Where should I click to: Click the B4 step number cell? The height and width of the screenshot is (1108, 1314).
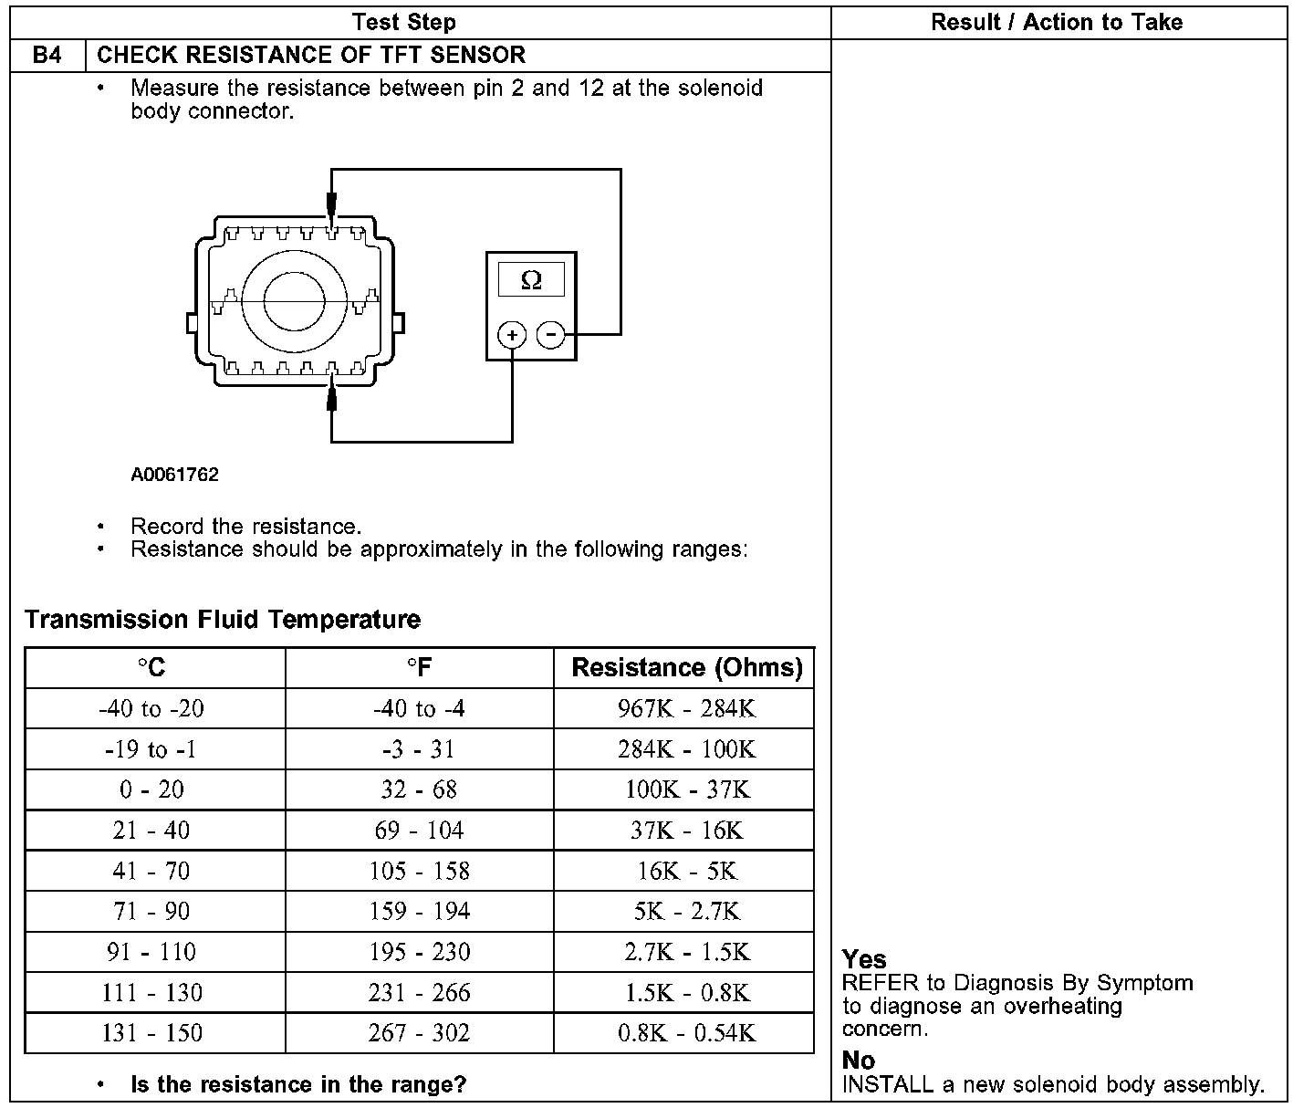tap(47, 56)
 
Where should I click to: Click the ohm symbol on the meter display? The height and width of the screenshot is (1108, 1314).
tap(530, 280)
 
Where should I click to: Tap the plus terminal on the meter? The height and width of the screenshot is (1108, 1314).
tap(512, 335)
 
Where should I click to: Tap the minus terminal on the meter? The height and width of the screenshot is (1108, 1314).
tap(550, 335)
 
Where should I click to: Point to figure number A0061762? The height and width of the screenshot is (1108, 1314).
tap(174, 475)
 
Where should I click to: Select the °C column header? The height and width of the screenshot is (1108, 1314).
tap(153, 668)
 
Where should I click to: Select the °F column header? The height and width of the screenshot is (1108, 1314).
tap(419, 668)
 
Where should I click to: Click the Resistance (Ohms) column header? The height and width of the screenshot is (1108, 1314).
tap(686, 668)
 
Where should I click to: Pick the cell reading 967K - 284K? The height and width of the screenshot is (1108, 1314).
tap(686, 708)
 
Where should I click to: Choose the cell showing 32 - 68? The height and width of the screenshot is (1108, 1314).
tap(419, 789)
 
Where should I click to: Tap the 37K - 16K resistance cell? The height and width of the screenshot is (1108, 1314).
tap(686, 831)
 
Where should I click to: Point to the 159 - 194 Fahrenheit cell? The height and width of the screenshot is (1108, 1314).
tap(419, 911)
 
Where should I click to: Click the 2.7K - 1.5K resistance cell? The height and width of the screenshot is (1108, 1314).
tap(686, 952)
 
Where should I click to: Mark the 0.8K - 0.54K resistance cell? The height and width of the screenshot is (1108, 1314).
tap(686, 1033)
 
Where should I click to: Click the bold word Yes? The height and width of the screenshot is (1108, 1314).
tap(864, 959)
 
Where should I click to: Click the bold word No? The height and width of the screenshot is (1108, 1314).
tap(859, 1061)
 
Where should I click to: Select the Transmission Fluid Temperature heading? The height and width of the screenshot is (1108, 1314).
tap(223, 620)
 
